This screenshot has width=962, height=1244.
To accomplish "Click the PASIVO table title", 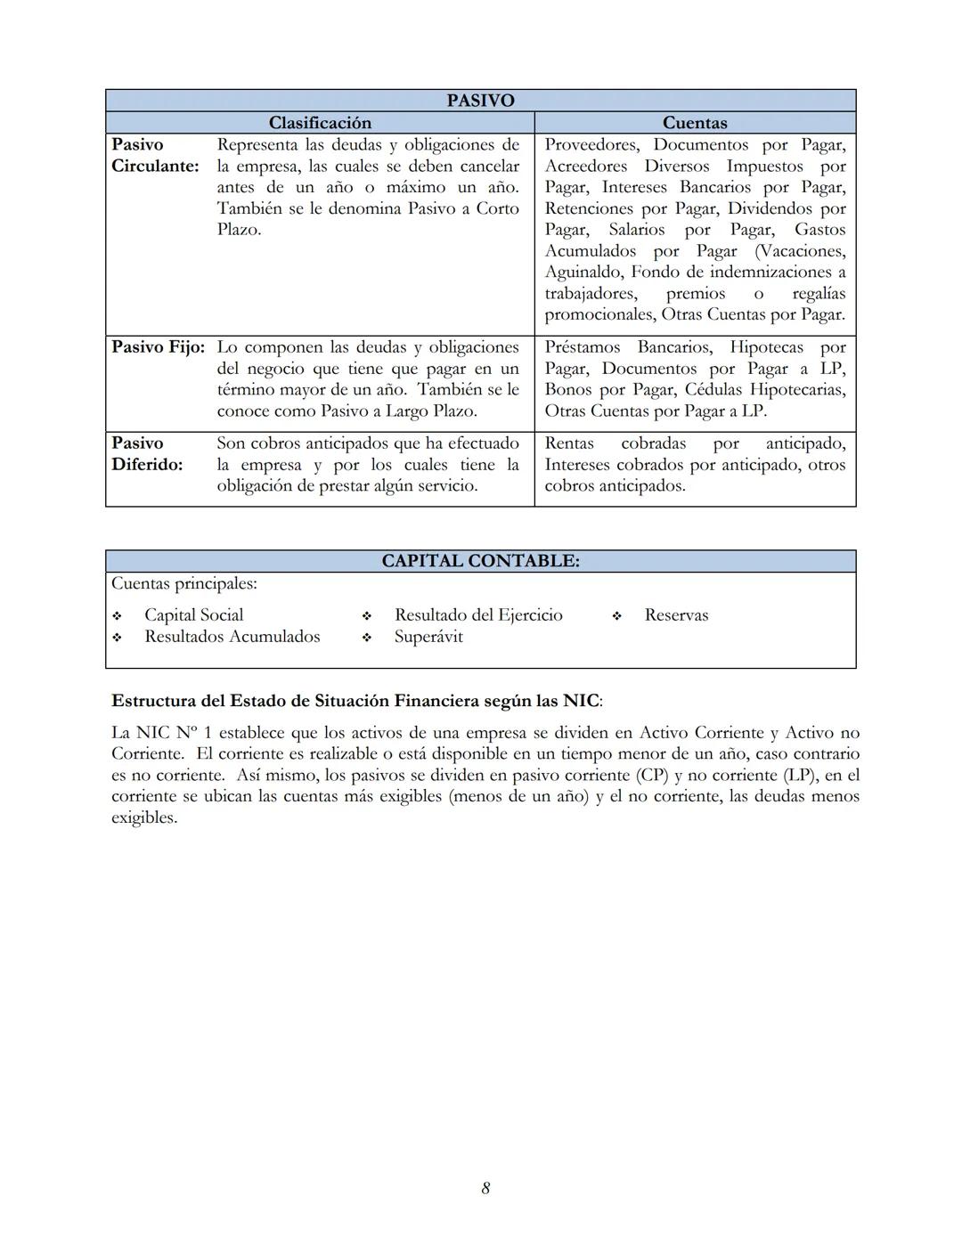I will pyautogui.click(x=480, y=101).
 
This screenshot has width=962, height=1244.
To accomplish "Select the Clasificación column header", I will pyautogui.click(x=320, y=123).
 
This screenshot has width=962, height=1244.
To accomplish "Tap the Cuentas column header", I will pyautogui.click(x=695, y=123).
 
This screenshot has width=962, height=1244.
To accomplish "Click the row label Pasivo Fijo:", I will pyautogui.click(x=158, y=347).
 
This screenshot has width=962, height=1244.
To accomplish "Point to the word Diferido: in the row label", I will pyautogui.click(x=147, y=465).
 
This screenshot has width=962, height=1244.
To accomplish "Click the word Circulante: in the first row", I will pyautogui.click(x=155, y=166).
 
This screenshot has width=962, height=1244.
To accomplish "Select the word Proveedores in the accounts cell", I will pyautogui.click(x=591, y=144).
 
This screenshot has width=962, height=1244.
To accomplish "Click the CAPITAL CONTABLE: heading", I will pyautogui.click(x=480, y=561).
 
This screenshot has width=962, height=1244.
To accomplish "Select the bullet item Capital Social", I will pyautogui.click(x=193, y=615).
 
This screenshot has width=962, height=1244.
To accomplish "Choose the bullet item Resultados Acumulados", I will pyautogui.click(x=232, y=637).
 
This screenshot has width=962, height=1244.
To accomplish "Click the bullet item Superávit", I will pyautogui.click(x=428, y=637).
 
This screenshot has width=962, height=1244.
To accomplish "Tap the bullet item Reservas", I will pyautogui.click(x=676, y=615).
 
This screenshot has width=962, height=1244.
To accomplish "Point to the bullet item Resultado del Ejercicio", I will pyautogui.click(x=478, y=615).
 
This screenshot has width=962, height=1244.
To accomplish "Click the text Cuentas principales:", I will pyautogui.click(x=183, y=584).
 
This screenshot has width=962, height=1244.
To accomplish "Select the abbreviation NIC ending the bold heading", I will pyautogui.click(x=581, y=701).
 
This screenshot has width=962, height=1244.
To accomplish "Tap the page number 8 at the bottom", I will pyautogui.click(x=485, y=1188).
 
